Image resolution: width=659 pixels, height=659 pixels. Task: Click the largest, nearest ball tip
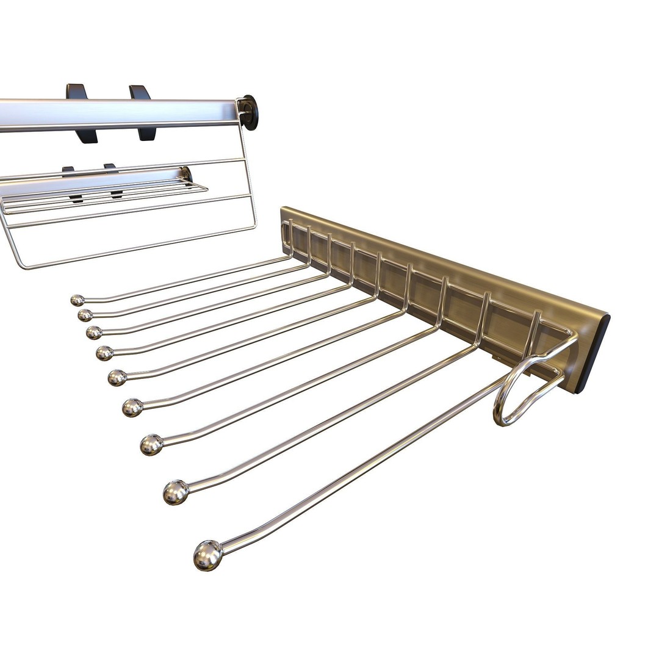click(x=208, y=555)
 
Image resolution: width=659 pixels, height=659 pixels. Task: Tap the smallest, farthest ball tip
click(x=77, y=300)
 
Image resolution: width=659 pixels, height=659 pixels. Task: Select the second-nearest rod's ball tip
click(x=176, y=492)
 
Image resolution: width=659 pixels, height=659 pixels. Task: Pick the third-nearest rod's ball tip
click(x=152, y=444)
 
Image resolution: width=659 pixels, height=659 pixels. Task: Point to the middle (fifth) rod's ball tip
click(x=117, y=378)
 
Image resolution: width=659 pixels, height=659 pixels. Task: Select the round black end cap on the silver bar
click(x=249, y=112)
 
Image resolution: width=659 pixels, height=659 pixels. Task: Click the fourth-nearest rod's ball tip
click(x=132, y=407)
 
